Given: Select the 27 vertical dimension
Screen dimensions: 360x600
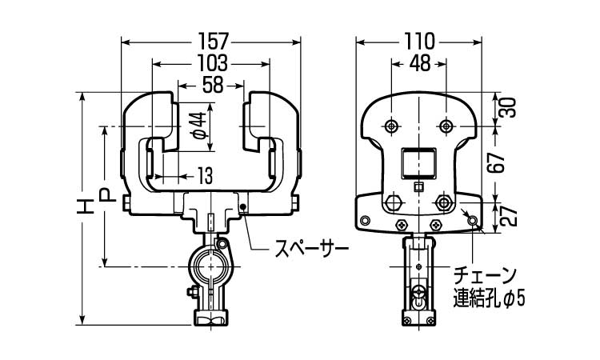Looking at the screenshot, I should [x=507, y=214].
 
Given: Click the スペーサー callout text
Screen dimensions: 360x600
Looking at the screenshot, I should [x=306, y=247].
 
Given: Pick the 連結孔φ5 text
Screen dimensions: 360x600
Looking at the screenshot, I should [x=488, y=299].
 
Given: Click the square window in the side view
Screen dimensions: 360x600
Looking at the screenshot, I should [x=418, y=163].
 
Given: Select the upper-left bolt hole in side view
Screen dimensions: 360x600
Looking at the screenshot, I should [x=391, y=126].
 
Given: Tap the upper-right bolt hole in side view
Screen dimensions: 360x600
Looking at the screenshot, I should [x=446, y=126].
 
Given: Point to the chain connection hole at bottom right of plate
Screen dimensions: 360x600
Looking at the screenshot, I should [x=473, y=220].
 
